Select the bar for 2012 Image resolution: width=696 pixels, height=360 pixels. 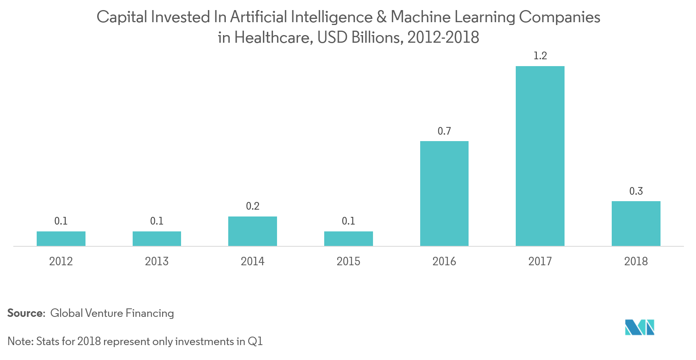tap(61, 239)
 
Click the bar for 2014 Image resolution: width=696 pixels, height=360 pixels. tap(252, 231)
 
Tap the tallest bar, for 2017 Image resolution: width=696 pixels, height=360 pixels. tap(540, 156)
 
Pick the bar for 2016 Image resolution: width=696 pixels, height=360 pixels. tap(444, 194)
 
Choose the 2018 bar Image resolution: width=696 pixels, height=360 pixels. tap(636, 224)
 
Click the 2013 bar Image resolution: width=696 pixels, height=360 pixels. tap(157, 239)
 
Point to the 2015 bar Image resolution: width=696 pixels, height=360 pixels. tap(348, 239)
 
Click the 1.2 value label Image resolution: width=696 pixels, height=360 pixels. tap(540, 56)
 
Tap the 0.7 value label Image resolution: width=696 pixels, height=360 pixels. tap(444, 131)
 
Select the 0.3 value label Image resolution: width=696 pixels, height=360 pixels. tap(636, 191)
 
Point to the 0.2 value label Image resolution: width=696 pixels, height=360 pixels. tap(252, 206)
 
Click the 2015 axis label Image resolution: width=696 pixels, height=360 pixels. tap(348, 261)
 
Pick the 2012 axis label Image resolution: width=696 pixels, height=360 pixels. tap(61, 261)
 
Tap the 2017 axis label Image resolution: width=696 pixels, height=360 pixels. tap(540, 261)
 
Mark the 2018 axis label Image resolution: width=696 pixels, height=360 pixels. tap(636, 261)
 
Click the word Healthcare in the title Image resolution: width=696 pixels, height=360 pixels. tap(273, 38)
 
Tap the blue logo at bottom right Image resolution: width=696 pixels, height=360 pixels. tap(640, 327)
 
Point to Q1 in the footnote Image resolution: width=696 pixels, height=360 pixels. tap(255, 342)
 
